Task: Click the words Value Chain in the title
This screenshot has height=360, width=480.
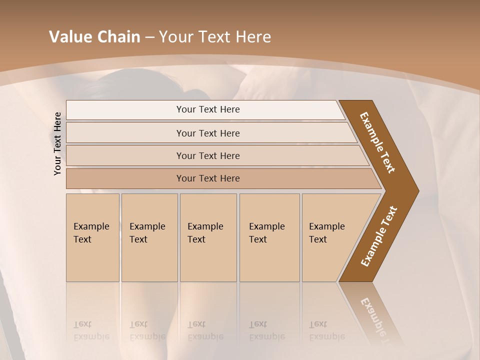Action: pos(94,37)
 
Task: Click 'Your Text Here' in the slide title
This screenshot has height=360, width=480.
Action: pos(214,37)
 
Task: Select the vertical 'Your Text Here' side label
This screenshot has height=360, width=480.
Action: pos(57,144)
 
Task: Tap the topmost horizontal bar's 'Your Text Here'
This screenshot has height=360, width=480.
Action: pos(208,109)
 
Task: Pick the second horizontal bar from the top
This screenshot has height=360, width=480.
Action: pos(208,133)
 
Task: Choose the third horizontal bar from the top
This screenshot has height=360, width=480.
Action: pos(208,155)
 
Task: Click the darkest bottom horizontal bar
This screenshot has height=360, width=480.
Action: pos(208,178)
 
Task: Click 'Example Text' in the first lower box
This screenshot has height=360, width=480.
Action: pos(91,233)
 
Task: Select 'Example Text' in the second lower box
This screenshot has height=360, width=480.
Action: pos(147,233)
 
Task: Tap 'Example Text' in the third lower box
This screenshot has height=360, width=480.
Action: pos(205,233)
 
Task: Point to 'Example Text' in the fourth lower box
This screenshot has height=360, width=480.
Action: pos(266,233)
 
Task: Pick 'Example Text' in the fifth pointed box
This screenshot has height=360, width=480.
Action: pos(326,233)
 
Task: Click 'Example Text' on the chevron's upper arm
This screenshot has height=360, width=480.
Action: pos(377,142)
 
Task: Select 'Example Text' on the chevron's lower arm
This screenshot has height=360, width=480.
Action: pos(379,236)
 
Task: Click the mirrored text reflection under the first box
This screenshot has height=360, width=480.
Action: pos(91,330)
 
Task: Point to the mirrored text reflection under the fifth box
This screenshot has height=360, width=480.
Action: pos(326,330)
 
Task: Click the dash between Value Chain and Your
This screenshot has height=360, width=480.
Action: pos(149,37)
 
